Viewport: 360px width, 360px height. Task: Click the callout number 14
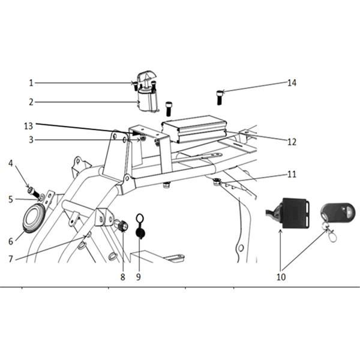coord(292,83)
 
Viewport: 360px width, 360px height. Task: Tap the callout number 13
coord(28,126)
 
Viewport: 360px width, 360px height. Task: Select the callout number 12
coord(292,142)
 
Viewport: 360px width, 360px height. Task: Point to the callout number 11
coord(292,175)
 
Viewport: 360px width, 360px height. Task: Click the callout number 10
coord(281,277)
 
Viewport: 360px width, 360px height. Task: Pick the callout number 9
coord(138,277)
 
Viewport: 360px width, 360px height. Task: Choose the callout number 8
coord(122,277)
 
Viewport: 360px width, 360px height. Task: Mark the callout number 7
coord(11,259)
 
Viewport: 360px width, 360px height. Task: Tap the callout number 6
coord(11,241)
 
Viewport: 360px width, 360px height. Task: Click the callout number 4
coord(11,163)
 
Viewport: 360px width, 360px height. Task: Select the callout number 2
coord(31,102)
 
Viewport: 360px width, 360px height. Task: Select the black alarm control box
coord(295,213)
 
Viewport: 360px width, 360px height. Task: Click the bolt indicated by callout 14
coord(220,98)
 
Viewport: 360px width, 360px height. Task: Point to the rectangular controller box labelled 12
coord(194,129)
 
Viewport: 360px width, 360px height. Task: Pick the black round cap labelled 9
coord(140,233)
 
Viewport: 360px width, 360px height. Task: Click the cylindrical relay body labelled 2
coord(148,101)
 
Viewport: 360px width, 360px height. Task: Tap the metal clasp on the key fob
coord(331,233)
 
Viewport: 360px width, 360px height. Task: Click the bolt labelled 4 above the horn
coord(33,192)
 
